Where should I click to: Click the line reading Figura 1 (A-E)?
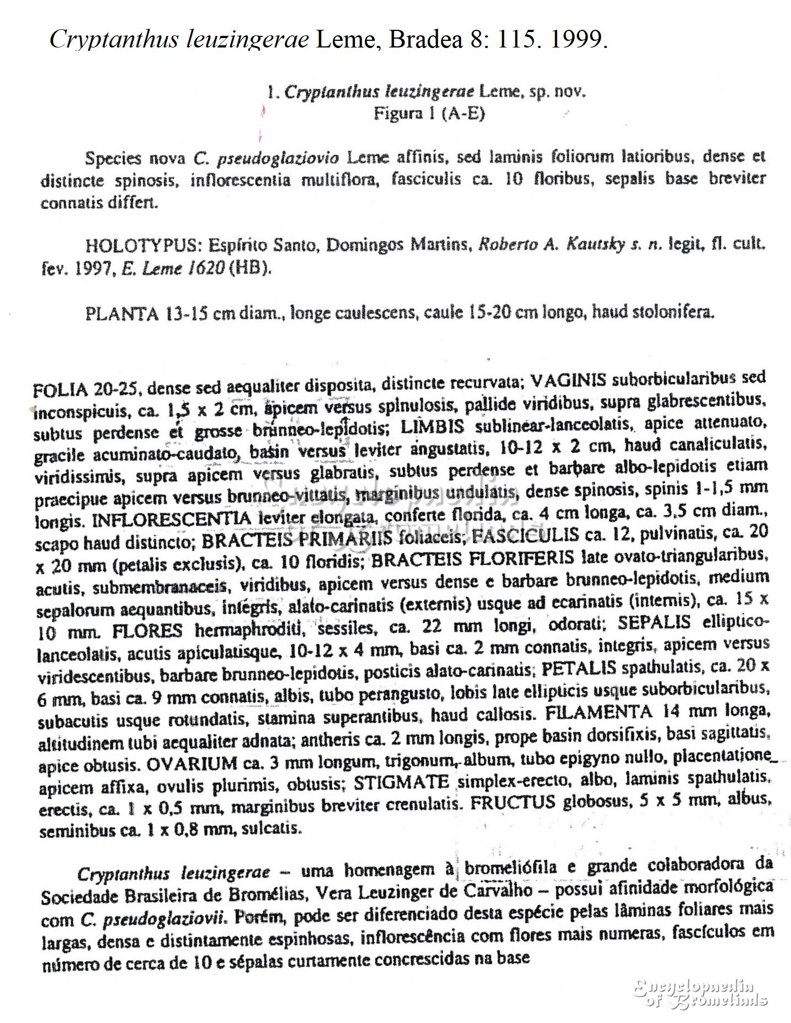pyautogui.click(x=429, y=114)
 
